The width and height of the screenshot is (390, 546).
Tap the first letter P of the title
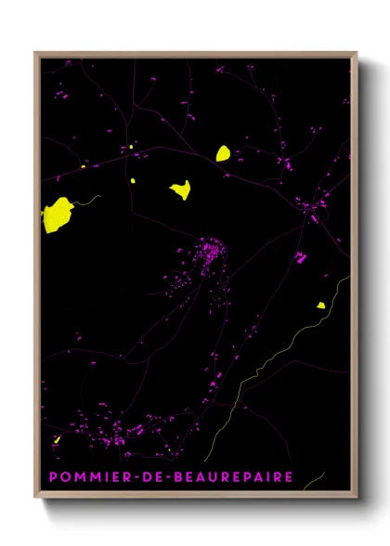[53, 477]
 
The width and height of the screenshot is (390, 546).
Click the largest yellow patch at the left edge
[57, 214]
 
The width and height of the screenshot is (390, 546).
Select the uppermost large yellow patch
[223, 153]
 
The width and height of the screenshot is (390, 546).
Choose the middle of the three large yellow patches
[180, 189]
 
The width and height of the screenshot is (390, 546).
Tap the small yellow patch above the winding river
[320, 305]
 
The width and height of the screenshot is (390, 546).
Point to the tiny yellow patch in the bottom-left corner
[58, 439]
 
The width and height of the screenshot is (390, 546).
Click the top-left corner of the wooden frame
[36, 53]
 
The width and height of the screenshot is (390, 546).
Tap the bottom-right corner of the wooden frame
[356, 499]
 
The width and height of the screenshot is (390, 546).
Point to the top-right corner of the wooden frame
[356, 53]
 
